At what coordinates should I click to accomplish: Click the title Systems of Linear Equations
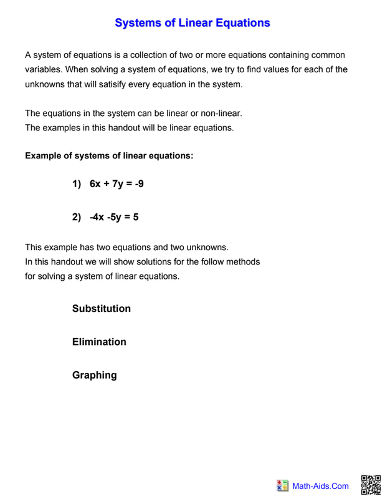coord(192,23)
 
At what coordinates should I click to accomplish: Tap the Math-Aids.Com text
coord(321,486)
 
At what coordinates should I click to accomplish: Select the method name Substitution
coord(102,309)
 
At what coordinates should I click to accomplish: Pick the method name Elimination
coord(99,342)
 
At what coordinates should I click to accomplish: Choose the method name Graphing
coord(95,375)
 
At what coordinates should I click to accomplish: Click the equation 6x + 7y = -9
coord(116,184)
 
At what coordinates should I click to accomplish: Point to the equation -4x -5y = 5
coord(114,217)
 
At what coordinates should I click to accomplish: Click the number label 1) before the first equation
coord(77,184)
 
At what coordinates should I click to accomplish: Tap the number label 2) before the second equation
coord(77,217)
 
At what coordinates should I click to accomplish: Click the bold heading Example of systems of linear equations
coord(109,155)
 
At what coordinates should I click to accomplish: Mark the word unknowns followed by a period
coord(211,246)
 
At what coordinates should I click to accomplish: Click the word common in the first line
coord(328,55)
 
